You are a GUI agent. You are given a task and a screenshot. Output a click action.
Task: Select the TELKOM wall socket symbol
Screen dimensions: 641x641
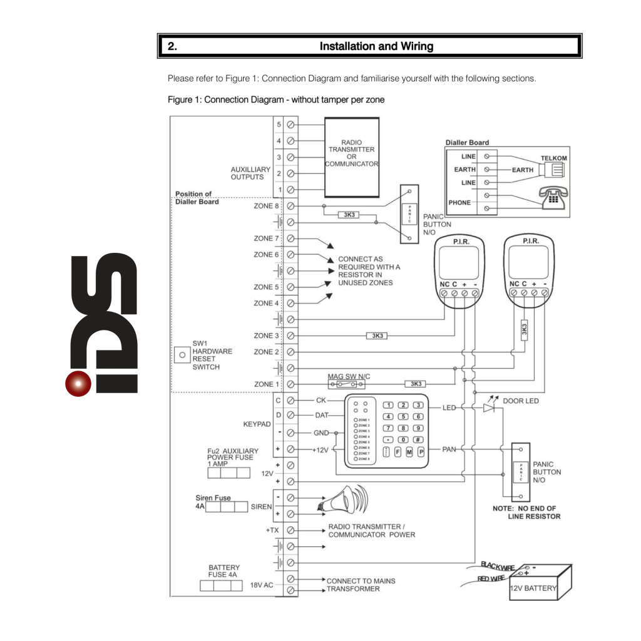click(x=556, y=170)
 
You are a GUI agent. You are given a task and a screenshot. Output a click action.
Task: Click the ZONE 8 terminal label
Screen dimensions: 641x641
click(x=263, y=206)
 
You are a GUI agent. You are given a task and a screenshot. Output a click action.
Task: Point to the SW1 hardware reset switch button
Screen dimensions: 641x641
click(x=182, y=355)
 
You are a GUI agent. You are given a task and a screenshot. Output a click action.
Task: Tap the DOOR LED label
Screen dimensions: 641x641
click(x=521, y=401)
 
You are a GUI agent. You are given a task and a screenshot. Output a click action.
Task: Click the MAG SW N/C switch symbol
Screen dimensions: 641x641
click(x=339, y=384)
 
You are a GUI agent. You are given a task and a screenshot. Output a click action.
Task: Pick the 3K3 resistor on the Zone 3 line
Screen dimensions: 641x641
click(x=377, y=336)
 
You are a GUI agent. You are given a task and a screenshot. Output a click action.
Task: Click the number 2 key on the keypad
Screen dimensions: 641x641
click(x=404, y=406)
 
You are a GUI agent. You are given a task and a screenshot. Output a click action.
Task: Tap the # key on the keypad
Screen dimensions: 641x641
click(x=419, y=439)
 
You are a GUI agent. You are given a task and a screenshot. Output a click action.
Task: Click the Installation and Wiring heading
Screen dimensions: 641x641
click(x=376, y=46)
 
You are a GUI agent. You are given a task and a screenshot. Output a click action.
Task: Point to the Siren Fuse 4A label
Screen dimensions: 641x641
click(x=213, y=498)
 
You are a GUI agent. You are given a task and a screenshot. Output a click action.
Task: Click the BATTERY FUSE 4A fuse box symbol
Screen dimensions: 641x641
click(x=221, y=586)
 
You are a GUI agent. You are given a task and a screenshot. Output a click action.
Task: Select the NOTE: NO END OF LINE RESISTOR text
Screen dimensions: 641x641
click(x=526, y=512)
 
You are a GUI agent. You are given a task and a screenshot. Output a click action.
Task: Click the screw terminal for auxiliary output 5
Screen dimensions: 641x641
click(x=290, y=125)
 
